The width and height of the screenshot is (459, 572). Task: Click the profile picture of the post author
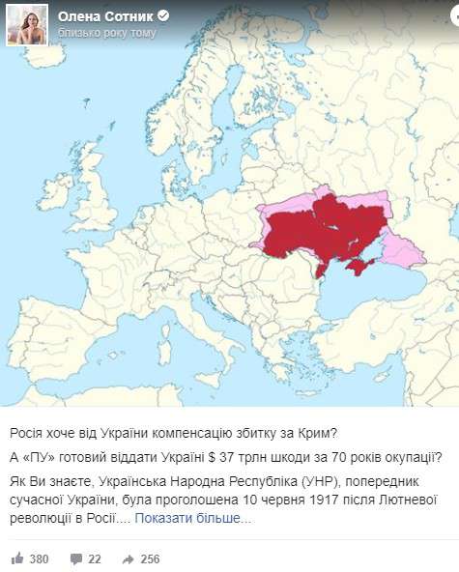point(27,23)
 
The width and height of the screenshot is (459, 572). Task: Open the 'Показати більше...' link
point(193,518)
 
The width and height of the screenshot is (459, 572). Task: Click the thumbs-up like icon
point(16,558)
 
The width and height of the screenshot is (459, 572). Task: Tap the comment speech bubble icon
point(76,558)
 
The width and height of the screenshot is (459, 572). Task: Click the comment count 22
point(95,558)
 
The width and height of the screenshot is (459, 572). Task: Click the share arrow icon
point(128,558)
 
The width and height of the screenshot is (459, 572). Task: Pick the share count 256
point(150,558)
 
